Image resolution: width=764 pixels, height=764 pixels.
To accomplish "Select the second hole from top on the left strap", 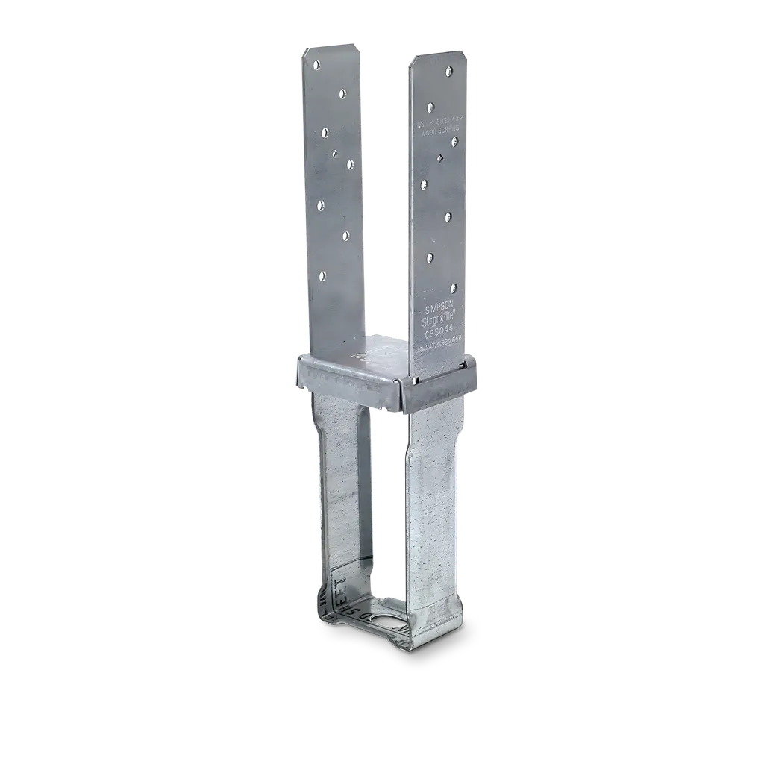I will click(342, 93).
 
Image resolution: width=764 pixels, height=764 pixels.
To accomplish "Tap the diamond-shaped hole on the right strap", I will click(441, 157).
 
